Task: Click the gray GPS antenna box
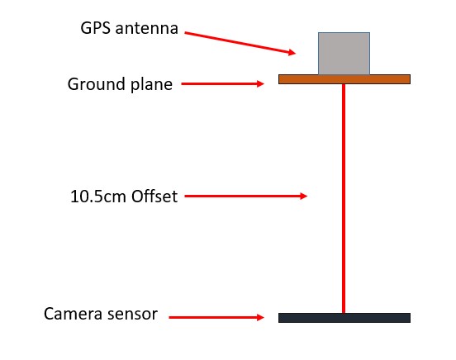[x=344, y=54]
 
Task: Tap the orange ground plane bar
[x=344, y=79]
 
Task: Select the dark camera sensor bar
[x=344, y=318]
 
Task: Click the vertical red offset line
[x=344, y=199]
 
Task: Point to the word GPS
[x=95, y=28]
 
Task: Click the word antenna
[x=146, y=29]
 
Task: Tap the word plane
[x=151, y=85]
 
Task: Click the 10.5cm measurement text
[x=98, y=197]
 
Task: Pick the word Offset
[x=154, y=197]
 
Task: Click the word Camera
[x=72, y=314]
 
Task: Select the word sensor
[x=131, y=315]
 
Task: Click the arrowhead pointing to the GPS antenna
[x=292, y=52]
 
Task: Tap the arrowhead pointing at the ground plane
[x=260, y=83]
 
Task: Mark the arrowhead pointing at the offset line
[x=304, y=196]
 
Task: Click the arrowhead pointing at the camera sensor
[x=260, y=317]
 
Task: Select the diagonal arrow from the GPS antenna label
[x=240, y=43]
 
